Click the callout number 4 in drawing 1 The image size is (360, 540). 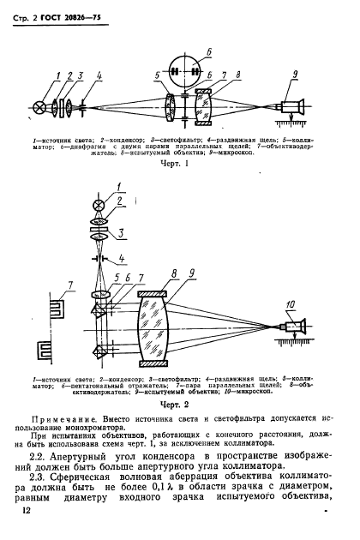99,77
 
